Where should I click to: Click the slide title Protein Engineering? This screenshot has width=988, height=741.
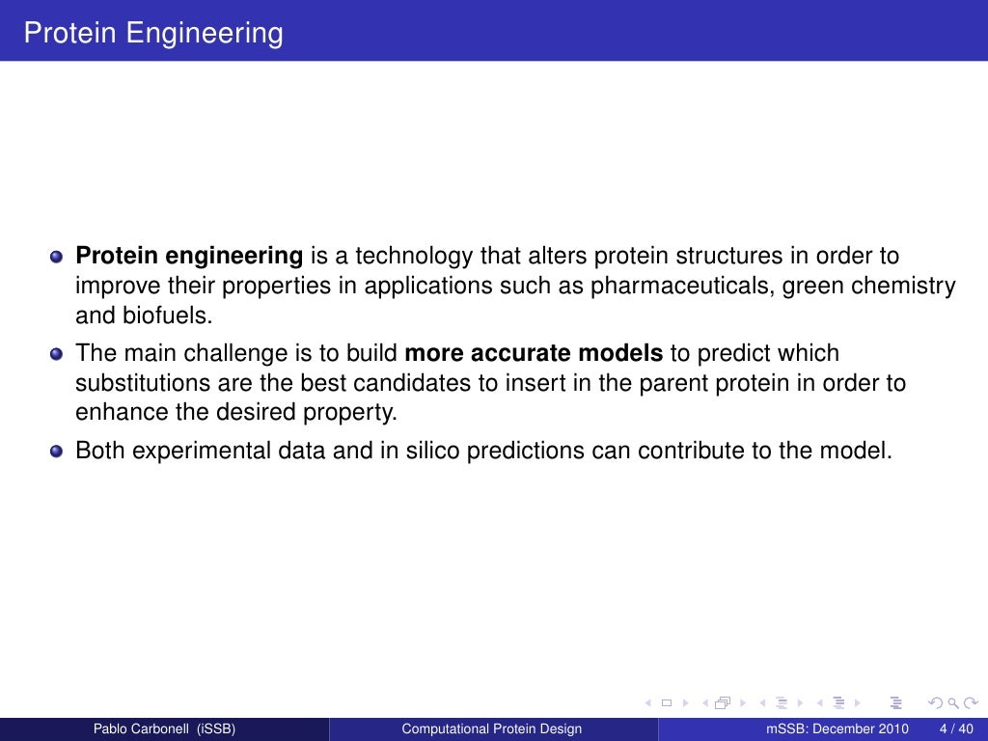click(153, 33)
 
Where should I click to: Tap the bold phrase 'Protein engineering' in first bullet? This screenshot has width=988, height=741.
click(189, 257)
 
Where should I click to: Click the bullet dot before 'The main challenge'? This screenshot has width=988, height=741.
click(57, 354)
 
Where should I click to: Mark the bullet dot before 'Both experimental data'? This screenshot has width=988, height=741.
click(57, 451)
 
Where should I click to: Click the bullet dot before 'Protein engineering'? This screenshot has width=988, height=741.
click(57, 258)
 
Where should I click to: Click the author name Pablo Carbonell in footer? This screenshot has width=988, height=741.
click(163, 728)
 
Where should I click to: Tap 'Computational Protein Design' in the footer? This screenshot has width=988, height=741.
click(492, 728)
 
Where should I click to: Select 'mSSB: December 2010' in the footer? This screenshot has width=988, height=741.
click(837, 728)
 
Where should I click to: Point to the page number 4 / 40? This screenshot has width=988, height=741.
click(955, 728)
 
